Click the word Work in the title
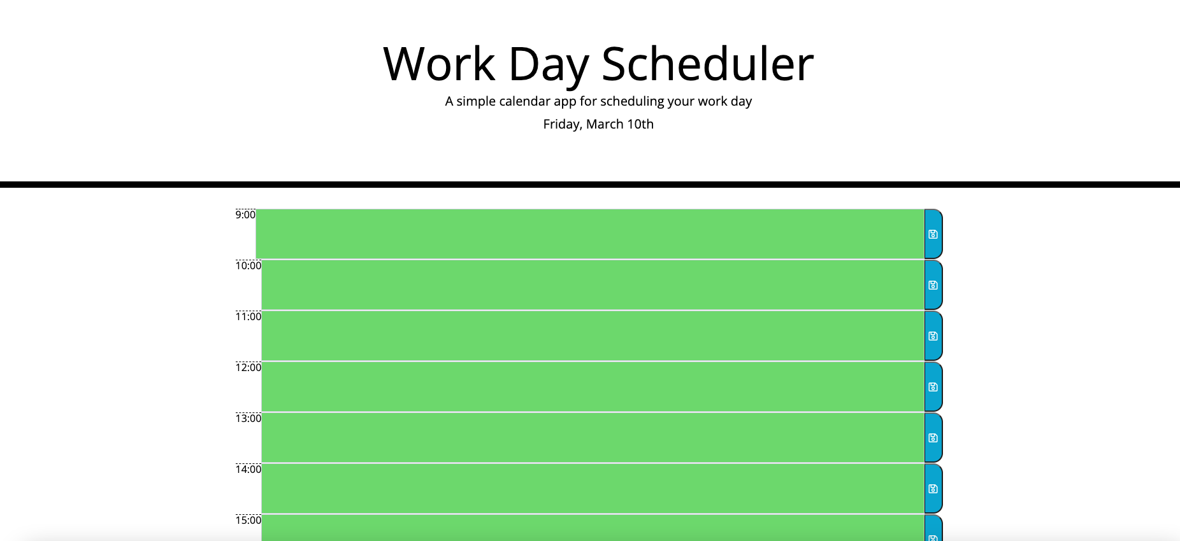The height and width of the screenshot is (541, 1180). click(439, 64)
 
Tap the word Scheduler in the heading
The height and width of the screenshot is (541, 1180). click(707, 64)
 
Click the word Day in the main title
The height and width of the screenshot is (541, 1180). click(549, 66)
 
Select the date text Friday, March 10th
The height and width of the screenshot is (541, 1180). click(598, 124)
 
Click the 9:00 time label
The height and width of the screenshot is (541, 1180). click(245, 214)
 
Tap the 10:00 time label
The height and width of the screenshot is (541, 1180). click(248, 265)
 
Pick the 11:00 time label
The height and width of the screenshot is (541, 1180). click(248, 316)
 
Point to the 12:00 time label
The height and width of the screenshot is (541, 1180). click(248, 367)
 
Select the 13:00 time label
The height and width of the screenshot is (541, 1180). click(248, 418)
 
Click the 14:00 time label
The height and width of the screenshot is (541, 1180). click(248, 469)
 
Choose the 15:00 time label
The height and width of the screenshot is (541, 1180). click(248, 520)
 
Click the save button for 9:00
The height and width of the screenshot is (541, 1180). click(933, 234)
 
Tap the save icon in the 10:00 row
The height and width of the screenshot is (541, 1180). click(933, 285)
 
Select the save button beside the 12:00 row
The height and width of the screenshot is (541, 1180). click(933, 387)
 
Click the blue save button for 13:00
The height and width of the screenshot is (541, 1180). click(933, 438)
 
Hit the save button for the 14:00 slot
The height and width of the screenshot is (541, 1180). click(933, 489)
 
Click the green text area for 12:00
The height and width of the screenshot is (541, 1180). click(593, 387)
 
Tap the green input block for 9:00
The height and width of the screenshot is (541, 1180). click(590, 234)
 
